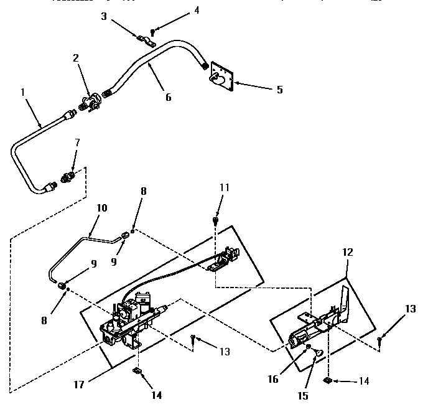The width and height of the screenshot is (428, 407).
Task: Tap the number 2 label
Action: click(75, 58)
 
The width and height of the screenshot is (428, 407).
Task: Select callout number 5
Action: click(279, 90)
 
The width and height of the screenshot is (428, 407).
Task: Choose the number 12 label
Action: click(347, 253)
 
